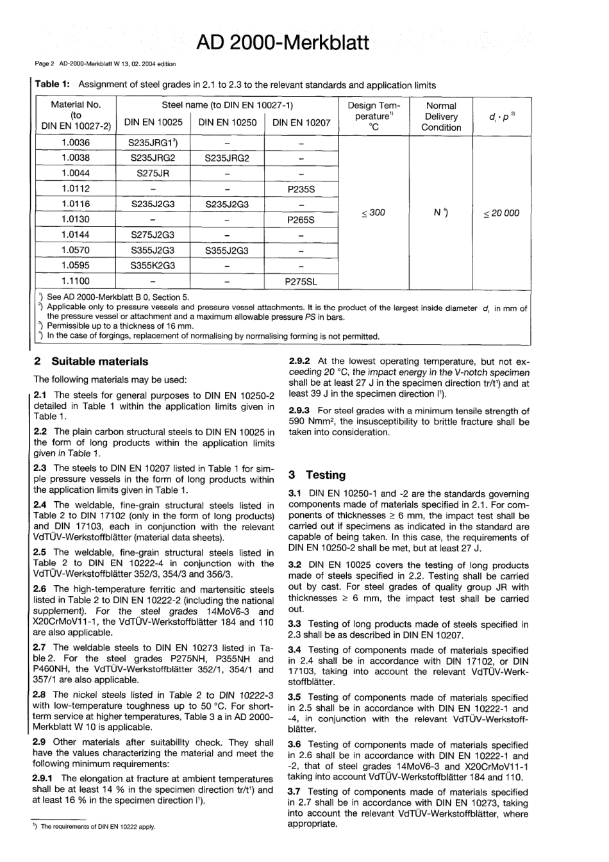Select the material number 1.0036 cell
click(76, 142)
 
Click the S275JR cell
click(153, 173)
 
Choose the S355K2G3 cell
click(153, 265)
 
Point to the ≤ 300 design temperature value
click(372, 213)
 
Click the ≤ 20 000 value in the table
click(501, 213)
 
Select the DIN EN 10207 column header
click(301, 122)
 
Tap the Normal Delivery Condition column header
click(441, 117)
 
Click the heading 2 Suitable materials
click(90, 361)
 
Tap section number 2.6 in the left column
click(40, 589)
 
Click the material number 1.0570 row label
click(76, 250)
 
